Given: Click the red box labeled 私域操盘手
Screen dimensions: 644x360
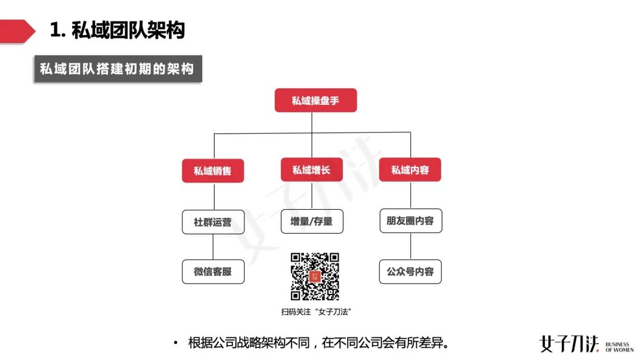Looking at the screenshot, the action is point(315,100).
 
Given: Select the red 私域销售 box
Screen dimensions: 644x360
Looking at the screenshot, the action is point(213,170).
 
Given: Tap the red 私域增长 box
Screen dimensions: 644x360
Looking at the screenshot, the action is point(312,170).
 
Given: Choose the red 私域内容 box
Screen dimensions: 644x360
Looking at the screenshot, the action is point(410,170).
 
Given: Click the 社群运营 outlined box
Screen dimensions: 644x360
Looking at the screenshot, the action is point(213,222).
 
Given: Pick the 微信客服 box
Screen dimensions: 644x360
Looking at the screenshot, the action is point(213,271).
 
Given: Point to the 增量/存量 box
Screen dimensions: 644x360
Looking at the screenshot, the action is point(312,221).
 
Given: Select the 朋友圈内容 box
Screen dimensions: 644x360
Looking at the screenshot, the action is point(410,221).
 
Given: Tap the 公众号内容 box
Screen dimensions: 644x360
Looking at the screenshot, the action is point(410,271).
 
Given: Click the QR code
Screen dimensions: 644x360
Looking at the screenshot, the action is point(315,276).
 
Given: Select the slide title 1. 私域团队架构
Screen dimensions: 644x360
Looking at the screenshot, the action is point(117,30).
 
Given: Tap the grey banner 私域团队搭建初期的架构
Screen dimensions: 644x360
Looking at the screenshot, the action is point(117,69).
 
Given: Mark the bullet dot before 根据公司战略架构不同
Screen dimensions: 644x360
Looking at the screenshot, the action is point(175,343).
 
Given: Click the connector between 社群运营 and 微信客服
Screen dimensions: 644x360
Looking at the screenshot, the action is point(213,247).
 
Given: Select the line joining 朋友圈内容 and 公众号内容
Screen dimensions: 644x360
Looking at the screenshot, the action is point(410,246).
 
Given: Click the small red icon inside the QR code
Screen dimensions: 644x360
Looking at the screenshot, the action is point(315,277).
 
